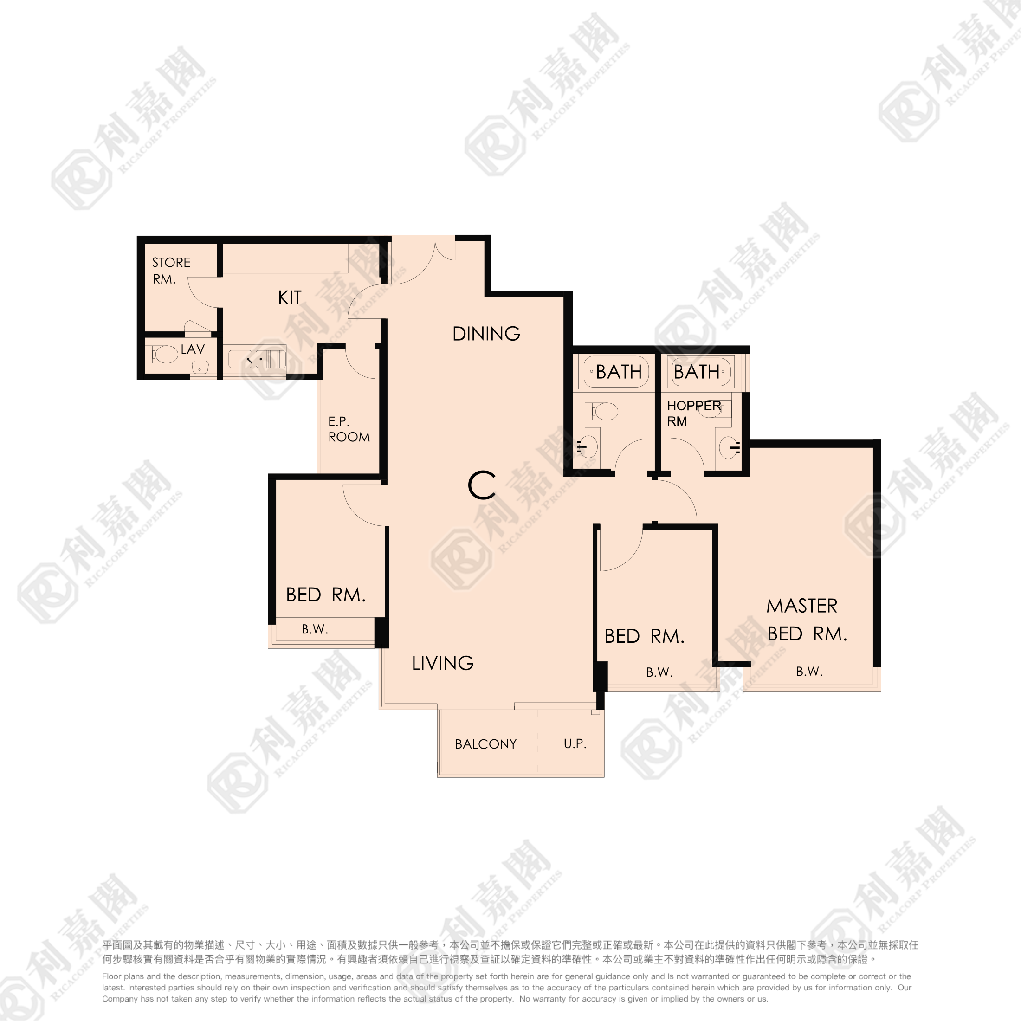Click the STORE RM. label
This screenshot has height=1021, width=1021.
tap(171, 271)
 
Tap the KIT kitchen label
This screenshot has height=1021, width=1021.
tap(290, 298)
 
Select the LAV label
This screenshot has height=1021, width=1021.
tap(192, 349)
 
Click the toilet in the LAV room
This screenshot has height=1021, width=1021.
tap(162, 355)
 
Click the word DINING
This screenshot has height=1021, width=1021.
tap(486, 334)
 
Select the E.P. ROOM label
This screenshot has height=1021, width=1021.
tap(349, 429)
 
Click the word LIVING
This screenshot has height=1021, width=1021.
tap(442, 663)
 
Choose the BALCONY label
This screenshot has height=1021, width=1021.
tap(485, 744)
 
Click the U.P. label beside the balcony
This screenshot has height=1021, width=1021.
tap(575, 743)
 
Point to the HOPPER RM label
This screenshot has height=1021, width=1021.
tap(694, 413)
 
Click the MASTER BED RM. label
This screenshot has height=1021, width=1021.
tap(807, 620)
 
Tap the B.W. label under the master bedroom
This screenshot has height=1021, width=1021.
tap(809, 672)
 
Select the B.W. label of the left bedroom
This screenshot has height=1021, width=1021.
tap(315, 629)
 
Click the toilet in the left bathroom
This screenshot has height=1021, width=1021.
tap(602, 411)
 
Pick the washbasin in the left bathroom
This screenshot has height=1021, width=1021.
tap(587, 447)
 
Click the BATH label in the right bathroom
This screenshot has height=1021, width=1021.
tap(697, 372)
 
